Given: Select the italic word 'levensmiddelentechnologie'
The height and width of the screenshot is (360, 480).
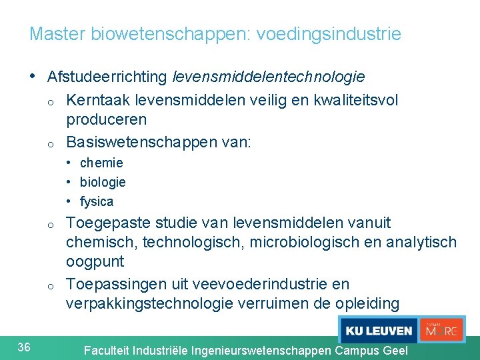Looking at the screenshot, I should click(269, 77).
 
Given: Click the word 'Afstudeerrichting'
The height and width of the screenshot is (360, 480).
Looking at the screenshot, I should click(107, 77).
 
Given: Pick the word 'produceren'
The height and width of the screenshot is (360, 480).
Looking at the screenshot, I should click(106, 120).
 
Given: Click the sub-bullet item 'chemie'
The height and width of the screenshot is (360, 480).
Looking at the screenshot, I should click(101, 163).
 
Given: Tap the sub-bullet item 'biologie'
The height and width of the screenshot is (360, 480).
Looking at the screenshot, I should click(103, 182).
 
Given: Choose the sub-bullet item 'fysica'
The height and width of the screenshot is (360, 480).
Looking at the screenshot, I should click(97, 201).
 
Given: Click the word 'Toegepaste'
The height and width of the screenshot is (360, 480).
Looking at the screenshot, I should click(108, 223).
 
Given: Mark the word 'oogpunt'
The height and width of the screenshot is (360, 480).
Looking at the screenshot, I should click(95, 261).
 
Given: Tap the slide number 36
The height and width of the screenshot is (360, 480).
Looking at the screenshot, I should click(24, 347).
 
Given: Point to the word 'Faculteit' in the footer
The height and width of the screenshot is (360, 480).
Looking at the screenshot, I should click(107, 350).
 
